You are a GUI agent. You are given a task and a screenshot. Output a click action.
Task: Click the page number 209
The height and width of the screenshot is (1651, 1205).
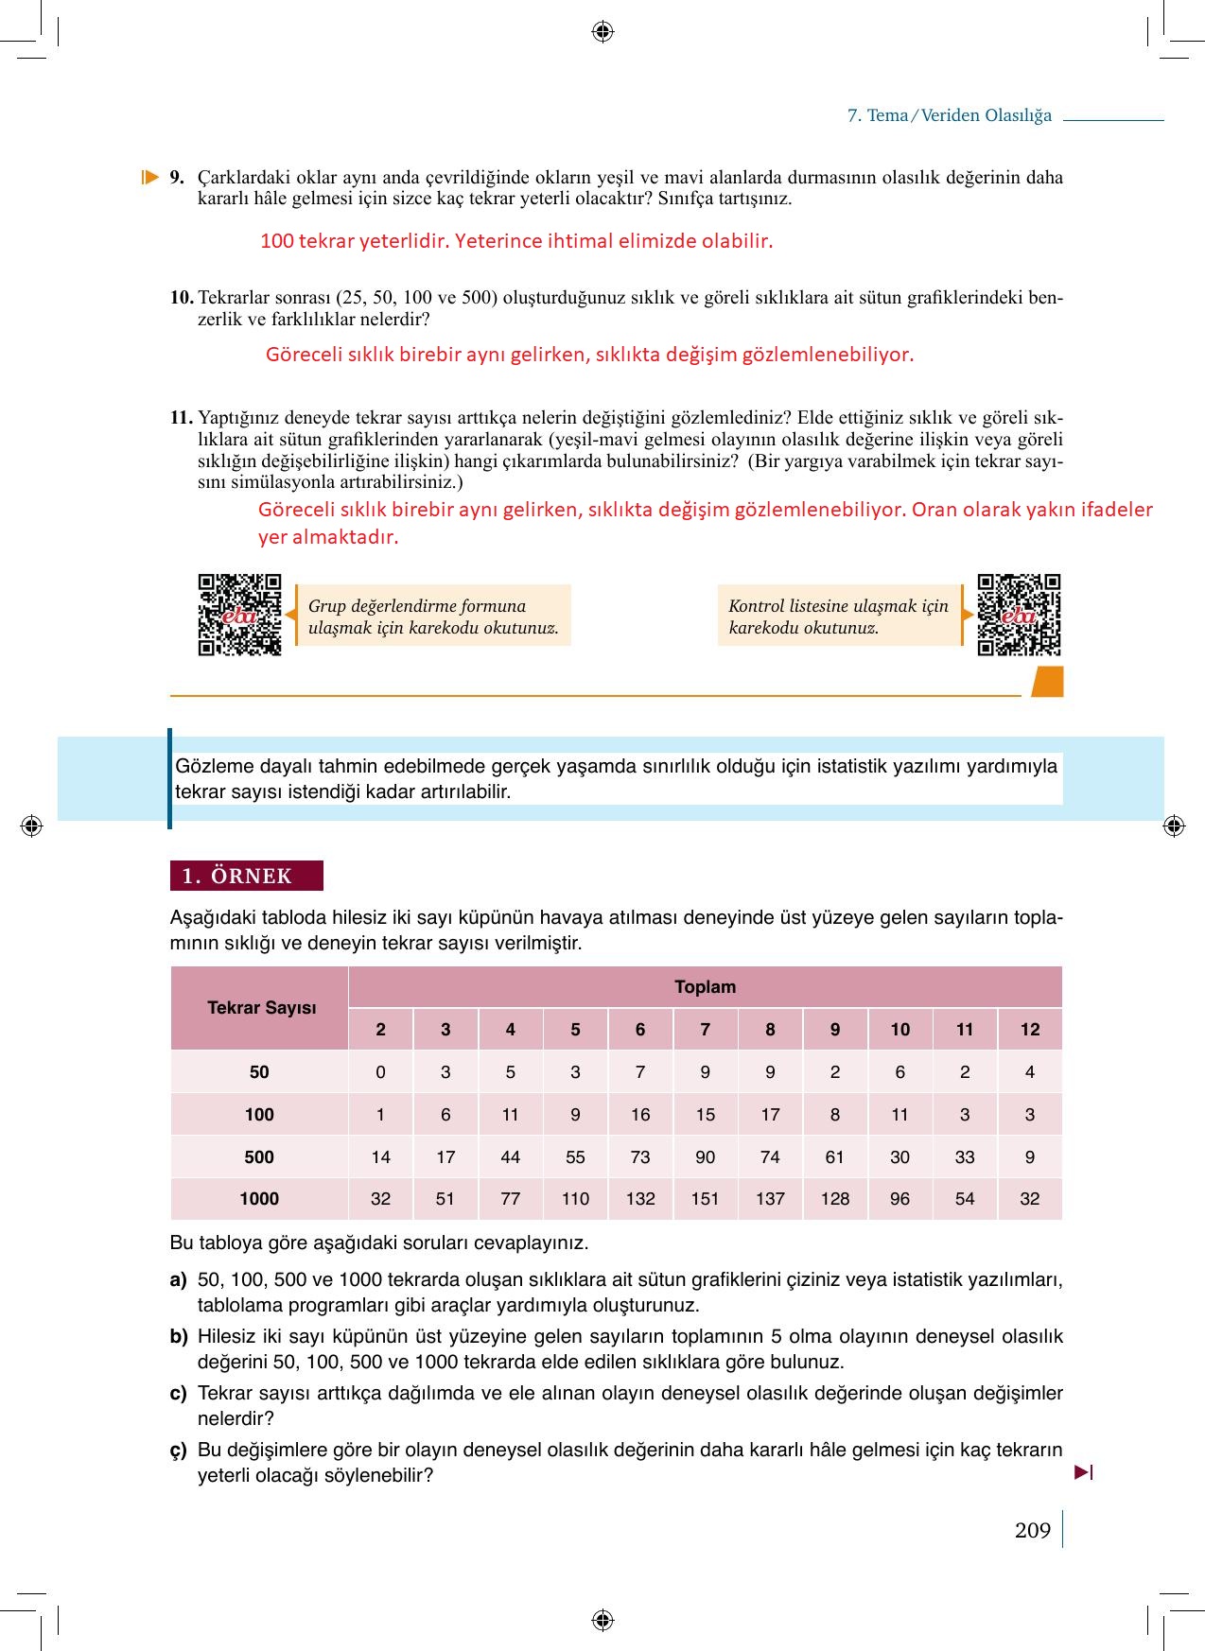[1032, 1530]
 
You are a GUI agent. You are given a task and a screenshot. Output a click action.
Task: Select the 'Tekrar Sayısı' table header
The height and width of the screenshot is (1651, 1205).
[261, 1008]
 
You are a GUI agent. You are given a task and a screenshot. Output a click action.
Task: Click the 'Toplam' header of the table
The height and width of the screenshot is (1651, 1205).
[705, 987]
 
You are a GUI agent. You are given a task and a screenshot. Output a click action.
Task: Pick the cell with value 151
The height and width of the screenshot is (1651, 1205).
[705, 1199]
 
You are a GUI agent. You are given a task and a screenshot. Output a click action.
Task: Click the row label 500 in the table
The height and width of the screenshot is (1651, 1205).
[259, 1157]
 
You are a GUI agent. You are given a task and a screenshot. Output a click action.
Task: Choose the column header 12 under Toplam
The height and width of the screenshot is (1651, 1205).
[1030, 1030]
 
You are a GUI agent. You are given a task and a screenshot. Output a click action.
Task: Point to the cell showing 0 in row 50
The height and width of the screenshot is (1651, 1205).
[380, 1072]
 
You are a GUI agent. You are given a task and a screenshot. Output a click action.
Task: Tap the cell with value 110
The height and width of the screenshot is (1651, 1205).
[575, 1199]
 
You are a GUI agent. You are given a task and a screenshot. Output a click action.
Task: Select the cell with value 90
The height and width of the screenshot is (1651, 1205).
[705, 1157]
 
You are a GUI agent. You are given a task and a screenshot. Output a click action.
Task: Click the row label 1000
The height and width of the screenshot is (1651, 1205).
[259, 1199]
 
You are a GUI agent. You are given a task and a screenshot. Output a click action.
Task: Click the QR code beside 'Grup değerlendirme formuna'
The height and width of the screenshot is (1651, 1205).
[239, 615]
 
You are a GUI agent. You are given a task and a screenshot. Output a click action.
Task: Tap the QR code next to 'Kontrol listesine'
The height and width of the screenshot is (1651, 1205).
[1019, 615]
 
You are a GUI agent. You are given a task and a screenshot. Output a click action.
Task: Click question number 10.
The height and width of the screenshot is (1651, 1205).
[182, 298]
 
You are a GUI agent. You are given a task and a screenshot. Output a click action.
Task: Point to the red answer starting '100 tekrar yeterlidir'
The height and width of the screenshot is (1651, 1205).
[516, 241]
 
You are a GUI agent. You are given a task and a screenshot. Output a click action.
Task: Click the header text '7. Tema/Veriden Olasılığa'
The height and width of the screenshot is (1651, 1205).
[949, 115]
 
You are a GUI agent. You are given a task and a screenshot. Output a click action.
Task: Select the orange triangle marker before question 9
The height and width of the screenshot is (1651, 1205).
[149, 177]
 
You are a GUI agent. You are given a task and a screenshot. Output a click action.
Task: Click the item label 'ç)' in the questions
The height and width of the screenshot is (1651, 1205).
[179, 1451]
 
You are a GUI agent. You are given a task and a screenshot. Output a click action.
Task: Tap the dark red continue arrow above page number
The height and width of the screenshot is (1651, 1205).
[1084, 1472]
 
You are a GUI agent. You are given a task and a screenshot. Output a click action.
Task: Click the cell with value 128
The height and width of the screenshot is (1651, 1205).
[834, 1199]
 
